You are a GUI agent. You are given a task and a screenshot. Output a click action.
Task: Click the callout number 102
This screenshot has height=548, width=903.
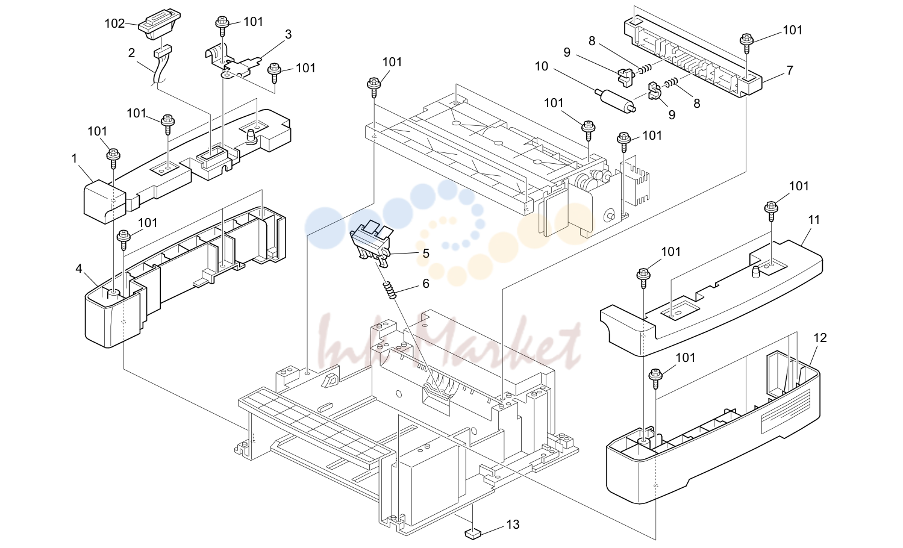(115, 23)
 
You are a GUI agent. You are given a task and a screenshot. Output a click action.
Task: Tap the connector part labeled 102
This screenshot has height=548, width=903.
(159, 25)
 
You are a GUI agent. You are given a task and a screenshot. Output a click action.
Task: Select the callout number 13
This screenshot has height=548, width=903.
(513, 525)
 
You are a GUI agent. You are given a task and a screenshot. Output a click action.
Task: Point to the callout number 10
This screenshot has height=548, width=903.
(542, 66)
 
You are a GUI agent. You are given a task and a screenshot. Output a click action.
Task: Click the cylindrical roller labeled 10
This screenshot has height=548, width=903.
(615, 100)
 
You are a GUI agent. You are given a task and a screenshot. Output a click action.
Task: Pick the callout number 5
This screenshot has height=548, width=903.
(426, 254)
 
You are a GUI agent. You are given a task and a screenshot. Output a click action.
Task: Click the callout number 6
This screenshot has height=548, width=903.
(426, 284)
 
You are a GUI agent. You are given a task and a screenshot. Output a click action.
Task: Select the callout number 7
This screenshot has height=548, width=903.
(790, 70)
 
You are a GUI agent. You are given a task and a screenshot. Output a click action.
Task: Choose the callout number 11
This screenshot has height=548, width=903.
(814, 220)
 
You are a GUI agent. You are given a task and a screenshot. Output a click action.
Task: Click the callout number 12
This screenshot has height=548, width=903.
(820, 338)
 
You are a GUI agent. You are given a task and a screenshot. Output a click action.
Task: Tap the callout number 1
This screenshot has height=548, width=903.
(74, 159)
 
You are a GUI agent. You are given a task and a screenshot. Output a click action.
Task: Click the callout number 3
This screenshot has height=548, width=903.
(288, 35)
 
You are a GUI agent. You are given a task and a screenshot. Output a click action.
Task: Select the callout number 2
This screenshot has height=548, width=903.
(131, 53)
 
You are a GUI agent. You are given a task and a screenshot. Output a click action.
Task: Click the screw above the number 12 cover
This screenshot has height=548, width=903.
(655, 378)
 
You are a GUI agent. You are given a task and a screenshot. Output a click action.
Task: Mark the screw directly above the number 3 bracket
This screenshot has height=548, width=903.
(222, 25)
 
